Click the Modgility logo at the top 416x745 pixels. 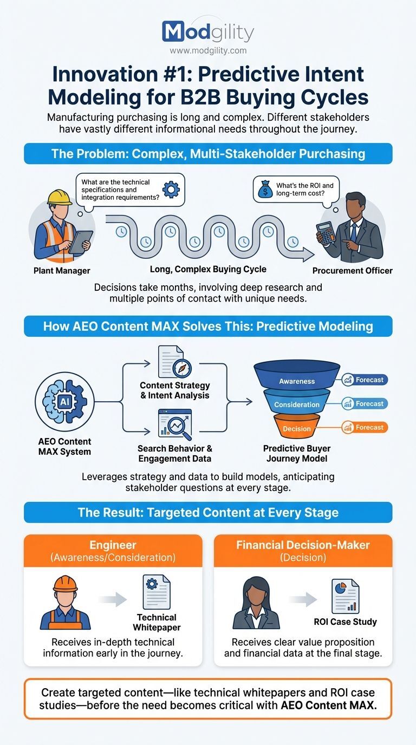pos(207,32)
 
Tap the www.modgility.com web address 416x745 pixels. pos(208,50)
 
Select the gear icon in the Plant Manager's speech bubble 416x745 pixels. pos(171,189)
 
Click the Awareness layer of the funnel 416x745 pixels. pos(297,380)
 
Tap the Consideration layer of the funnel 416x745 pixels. pos(297,404)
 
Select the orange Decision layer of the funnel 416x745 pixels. pos(297,428)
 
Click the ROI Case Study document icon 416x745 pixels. pos(346,597)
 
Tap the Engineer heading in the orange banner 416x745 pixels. pos(113,545)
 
